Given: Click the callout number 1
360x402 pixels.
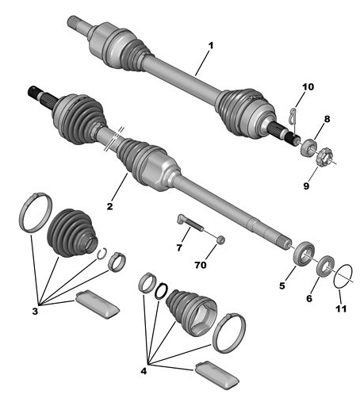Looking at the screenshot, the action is (x=211, y=45).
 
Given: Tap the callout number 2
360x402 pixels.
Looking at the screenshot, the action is (x=109, y=206).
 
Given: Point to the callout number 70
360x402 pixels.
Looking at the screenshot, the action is (x=201, y=265).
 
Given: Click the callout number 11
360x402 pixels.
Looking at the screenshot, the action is (x=341, y=308).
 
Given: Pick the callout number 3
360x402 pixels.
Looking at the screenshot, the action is (x=35, y=312).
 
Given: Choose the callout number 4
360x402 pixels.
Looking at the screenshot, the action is (x=144, y=371).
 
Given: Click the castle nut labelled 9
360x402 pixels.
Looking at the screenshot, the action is (x=324, y=158).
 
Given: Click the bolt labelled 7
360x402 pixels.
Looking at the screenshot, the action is (x=190, y=224).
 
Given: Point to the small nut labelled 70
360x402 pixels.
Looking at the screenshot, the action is (x=220, y=239).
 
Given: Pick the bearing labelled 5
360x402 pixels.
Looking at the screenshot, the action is (x=304, y=253).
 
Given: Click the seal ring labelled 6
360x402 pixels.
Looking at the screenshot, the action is (x=325, y=266).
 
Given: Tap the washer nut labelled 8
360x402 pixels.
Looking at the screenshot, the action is (x=308, y=147).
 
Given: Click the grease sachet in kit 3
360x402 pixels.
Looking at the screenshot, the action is (x=98, y=304).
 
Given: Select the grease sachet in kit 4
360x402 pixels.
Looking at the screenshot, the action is (x=216, y=375).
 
